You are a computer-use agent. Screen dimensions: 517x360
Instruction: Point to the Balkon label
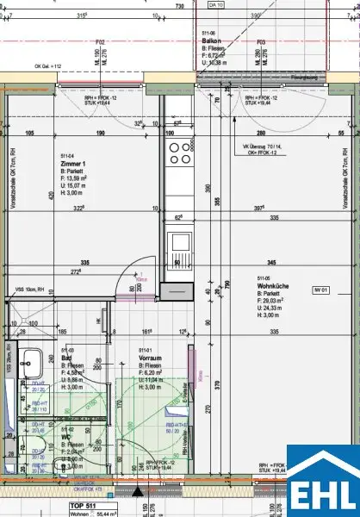(213, 40)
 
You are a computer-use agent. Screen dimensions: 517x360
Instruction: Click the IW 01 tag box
(320, 292)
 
